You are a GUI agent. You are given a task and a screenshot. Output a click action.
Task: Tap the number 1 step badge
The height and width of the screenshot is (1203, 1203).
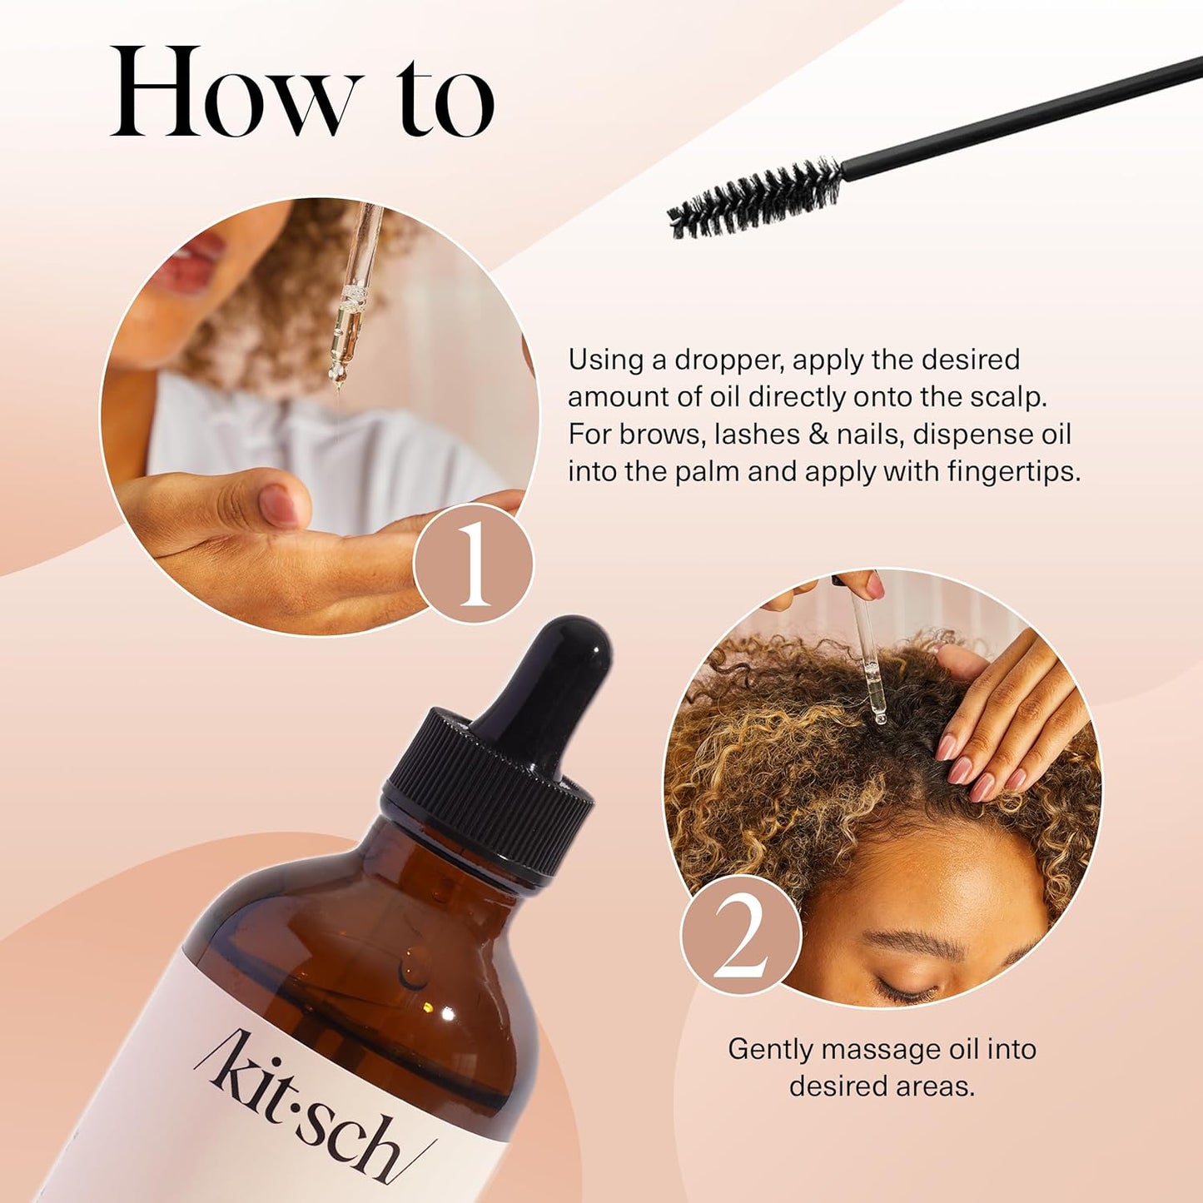(473, 564)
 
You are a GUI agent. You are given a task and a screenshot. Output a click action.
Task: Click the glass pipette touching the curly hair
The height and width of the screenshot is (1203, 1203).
(871, 674)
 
